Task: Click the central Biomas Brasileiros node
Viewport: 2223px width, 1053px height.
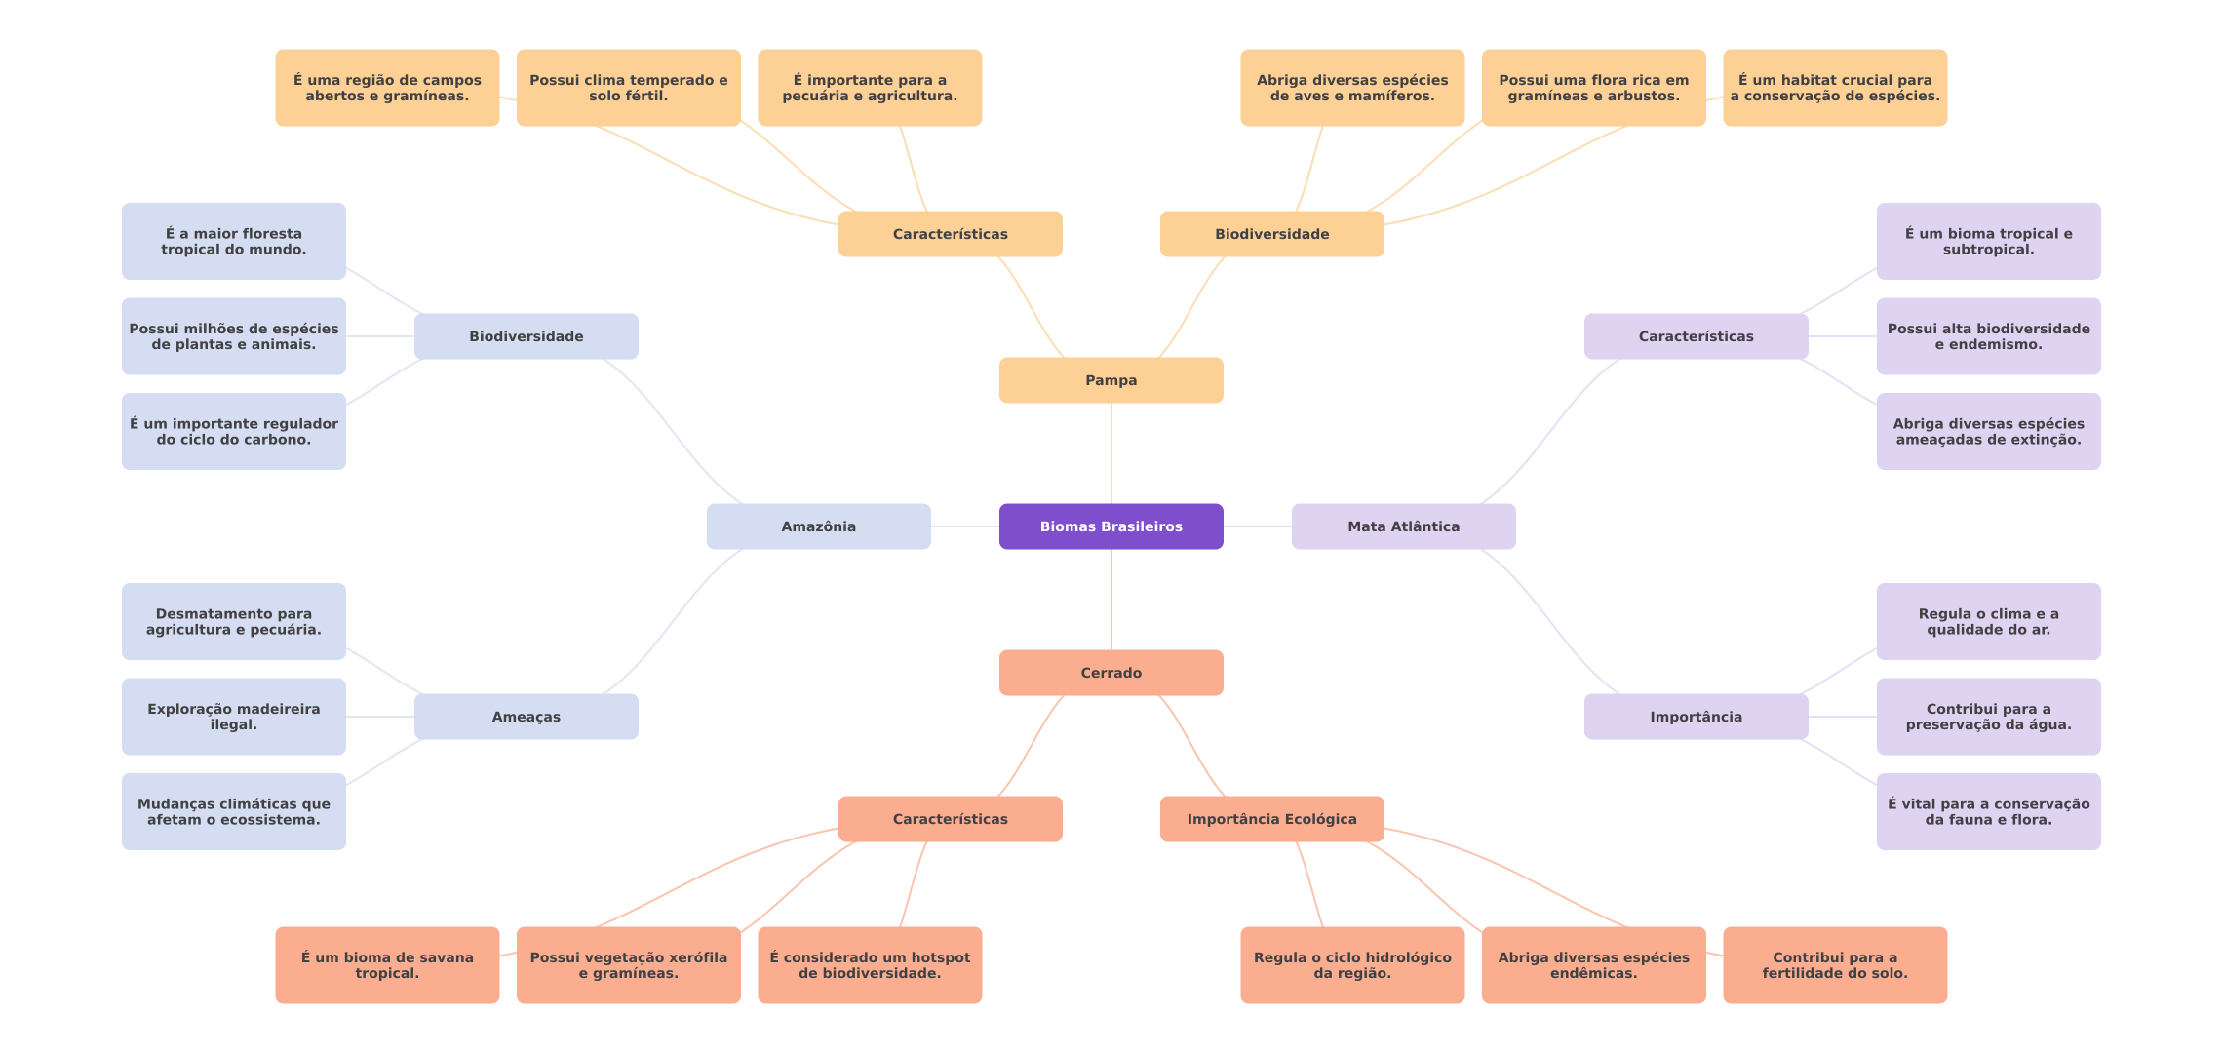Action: (x=1111, y=526)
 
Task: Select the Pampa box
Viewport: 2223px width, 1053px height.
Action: (x=1111, y=380)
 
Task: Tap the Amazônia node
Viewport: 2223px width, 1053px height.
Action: (x=818, y=526)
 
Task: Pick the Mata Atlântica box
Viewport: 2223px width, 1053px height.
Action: (x=1403, y=526)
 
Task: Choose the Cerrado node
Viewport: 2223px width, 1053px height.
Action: (x=1111, y=673)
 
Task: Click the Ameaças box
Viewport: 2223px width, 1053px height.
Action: (x=526, y=717)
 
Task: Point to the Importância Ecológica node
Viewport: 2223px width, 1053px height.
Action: (x=1271, y=819)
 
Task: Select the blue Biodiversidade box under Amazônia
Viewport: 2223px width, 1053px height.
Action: (x=526, y=336)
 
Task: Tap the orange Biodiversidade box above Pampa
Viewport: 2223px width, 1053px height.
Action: (x=1271, y=234)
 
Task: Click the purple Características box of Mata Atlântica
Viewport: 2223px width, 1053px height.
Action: (x=1696, y=336)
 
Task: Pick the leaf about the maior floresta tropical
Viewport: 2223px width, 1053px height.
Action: (x=233, y=241)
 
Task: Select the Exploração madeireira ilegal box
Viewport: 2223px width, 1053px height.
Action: (x=233, y=717)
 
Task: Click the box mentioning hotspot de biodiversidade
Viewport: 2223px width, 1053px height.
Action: (x=870, y=965)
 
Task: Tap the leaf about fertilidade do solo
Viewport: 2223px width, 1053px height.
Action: (x=1835, y=965)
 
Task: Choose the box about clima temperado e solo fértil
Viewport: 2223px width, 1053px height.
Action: (x=628, y=88)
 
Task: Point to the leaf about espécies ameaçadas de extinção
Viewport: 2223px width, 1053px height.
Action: (x=1988, y=431)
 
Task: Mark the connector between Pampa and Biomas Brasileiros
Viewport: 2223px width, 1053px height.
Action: (x=1111, y=453)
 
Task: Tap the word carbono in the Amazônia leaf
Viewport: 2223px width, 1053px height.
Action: (x=282, y=440)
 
